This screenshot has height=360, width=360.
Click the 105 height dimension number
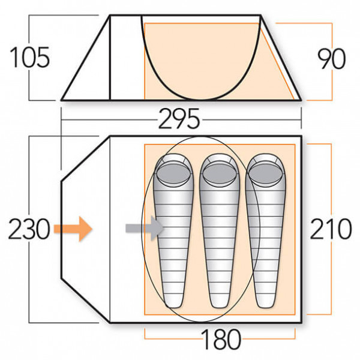point(28,58)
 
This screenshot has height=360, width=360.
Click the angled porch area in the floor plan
point(84,229)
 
